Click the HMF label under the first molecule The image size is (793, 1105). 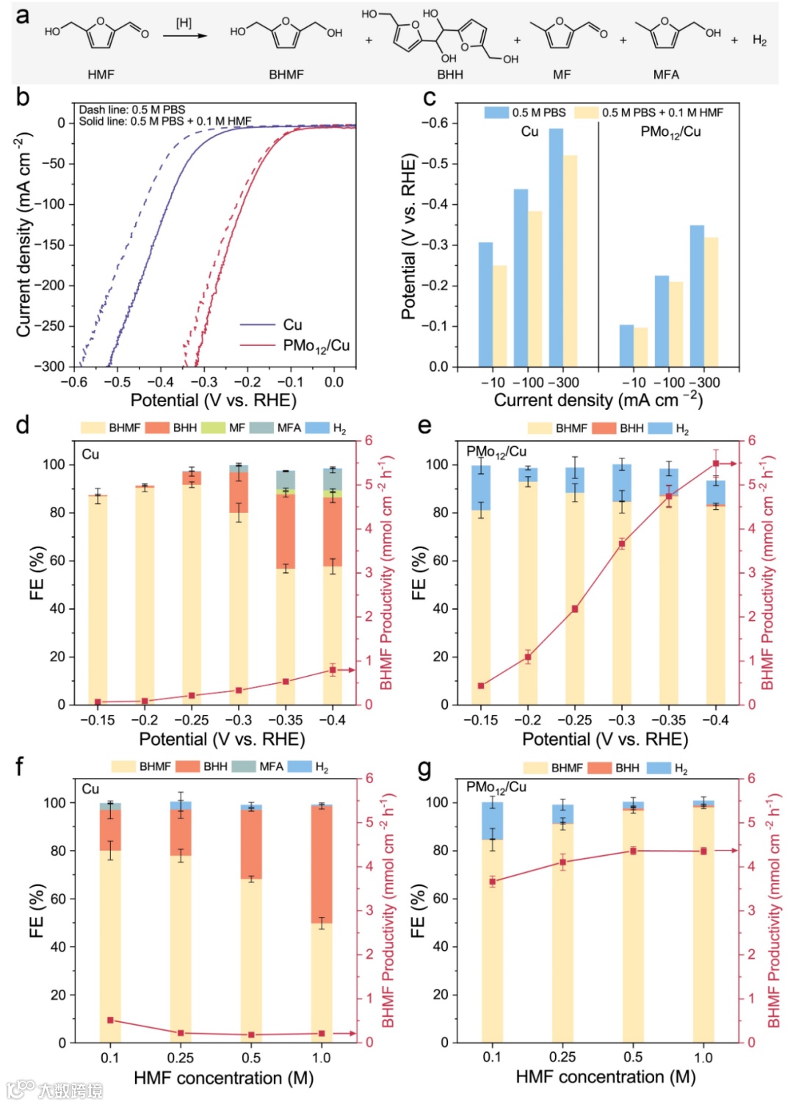[x=101, y=74]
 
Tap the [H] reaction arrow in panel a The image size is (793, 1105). [x=185, y=35]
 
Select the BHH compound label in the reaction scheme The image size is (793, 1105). [x=450, y=74]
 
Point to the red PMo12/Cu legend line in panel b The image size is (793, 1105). [x=257, y=345]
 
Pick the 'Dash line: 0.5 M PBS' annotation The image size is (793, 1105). [x=132, y=109]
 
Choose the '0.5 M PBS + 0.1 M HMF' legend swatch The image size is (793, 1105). [x=586, y=112]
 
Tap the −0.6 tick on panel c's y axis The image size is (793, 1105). [x=435, y=123]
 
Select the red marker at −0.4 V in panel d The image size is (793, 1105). [x=333, y=670]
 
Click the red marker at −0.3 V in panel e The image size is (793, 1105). [x=622, y=544]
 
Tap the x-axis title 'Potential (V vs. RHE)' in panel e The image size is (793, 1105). [x=605, y=739]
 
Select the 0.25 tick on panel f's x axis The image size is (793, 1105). [x=181, y=1058]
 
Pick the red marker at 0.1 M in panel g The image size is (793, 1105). [x=493, y=882]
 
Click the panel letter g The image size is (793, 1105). [x=424, y=769]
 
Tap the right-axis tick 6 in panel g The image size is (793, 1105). [x=751, y=778]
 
